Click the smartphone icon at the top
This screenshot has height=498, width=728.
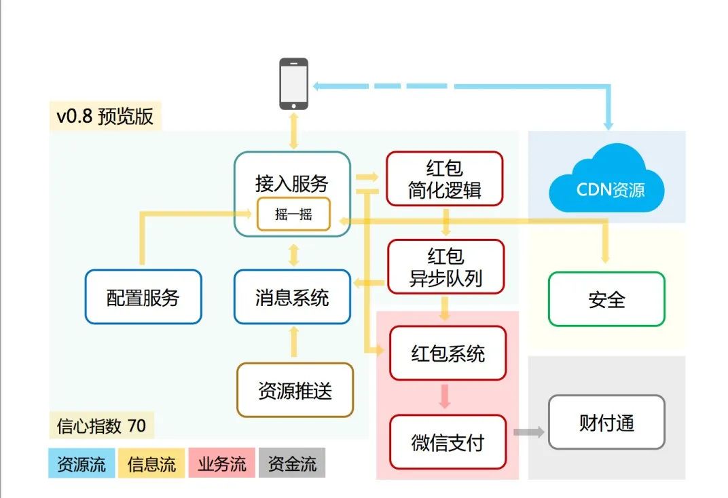coord(293,83)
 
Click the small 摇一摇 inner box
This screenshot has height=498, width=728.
coord(293,214)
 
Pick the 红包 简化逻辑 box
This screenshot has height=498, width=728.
coord(444,178)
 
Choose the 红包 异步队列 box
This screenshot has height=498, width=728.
coord(445,267)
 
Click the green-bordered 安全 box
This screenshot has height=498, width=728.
coord(606,299)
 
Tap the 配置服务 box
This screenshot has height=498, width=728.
coord(143,297)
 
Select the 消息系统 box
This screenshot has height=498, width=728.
coord(292,297)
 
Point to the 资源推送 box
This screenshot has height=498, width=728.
coord(295,390)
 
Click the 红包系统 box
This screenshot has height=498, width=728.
coord(448,353)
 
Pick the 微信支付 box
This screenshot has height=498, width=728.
coord(448,442)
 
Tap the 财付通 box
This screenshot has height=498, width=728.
coord(606,422)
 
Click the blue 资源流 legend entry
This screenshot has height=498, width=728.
coord(81,464)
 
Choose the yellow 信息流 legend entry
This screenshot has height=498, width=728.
coord(151,464)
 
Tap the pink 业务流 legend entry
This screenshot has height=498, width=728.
coord(222,464)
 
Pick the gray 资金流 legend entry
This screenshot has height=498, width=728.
coord(292,464)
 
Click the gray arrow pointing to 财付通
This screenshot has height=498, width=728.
coord(529,432)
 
